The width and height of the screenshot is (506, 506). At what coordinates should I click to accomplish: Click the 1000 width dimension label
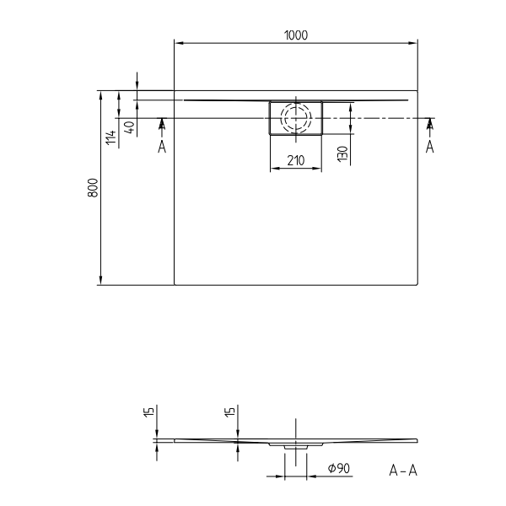coord(296,35)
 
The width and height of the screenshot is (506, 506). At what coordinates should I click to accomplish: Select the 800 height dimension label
coord(94,188)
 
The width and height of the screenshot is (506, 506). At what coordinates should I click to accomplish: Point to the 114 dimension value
coord(110,137)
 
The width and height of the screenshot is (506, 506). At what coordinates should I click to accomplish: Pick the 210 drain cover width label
coord(295,159)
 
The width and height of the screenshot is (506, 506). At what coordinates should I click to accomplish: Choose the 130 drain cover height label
coord(342,154)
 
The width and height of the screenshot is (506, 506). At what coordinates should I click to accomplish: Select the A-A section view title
coord(403,470)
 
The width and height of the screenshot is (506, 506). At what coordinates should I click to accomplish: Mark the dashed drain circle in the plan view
coord(295,118)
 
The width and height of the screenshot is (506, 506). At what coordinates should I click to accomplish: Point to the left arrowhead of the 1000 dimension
coord(177,42)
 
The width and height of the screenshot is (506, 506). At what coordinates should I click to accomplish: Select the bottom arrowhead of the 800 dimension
coord(101,281)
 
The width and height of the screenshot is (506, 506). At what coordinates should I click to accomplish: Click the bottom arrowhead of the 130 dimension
coord(350,131)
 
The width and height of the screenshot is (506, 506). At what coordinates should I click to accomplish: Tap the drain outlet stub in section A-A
coord(295,447)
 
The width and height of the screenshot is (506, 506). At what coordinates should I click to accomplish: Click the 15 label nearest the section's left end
coord(148,413)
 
